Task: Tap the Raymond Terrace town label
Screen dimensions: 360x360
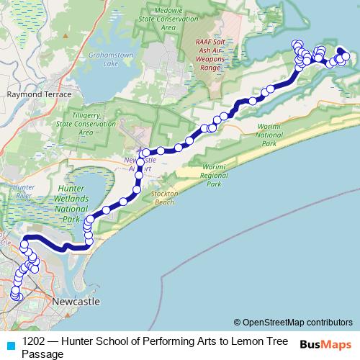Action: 39,94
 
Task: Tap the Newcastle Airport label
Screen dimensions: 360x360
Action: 140,163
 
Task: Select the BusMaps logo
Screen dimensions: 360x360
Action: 325,345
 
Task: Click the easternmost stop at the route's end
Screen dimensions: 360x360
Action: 346,56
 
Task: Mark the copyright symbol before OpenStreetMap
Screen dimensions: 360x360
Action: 237,322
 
